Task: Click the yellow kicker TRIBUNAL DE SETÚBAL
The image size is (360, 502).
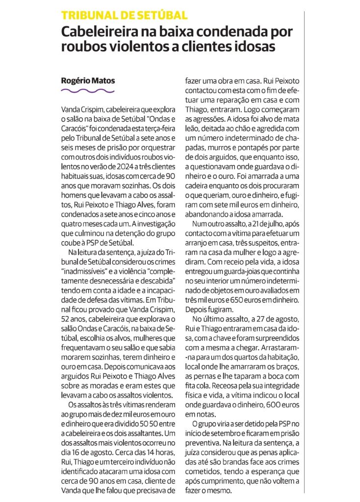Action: point(124,16)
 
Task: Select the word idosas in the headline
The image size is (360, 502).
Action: point(254,48)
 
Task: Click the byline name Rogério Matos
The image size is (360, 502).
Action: point(81,80)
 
